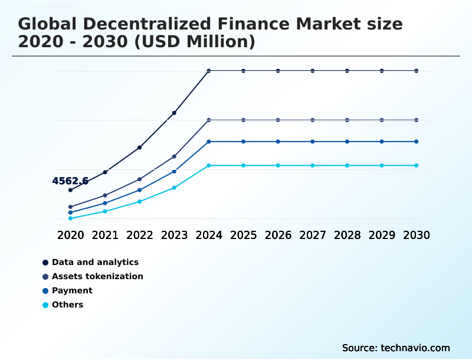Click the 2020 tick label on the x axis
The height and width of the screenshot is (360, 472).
(x=70, y=235)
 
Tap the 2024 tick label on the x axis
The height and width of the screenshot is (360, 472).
(x=209, y=235)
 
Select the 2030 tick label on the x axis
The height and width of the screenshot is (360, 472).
(x=417, y=235)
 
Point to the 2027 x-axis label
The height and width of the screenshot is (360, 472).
(x=313, y=235)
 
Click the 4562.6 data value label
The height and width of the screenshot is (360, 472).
(x=70, y=181)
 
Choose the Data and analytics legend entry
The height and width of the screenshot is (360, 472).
(x=95, y=262)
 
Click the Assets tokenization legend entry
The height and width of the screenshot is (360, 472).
(x=97, y=276)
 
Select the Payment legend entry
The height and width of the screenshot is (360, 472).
(x=72, y=290)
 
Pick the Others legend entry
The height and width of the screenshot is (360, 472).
(x=67, y=305)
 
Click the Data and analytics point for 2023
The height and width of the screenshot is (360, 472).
(x=174, y=113)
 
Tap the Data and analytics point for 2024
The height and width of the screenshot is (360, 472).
(x=209, y=71)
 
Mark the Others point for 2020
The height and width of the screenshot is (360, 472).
(x=70, y=218)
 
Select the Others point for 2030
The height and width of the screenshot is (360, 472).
(x=417, y=165)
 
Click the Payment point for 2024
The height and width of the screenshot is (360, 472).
(x=209, y=142)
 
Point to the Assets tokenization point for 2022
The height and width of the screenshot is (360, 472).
(x=140, y=179)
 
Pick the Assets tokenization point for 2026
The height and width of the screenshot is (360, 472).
(x=278, y=120)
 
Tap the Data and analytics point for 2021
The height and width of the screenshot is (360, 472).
(x=105, y=172)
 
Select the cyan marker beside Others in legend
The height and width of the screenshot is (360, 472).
(x=45, y=305)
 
